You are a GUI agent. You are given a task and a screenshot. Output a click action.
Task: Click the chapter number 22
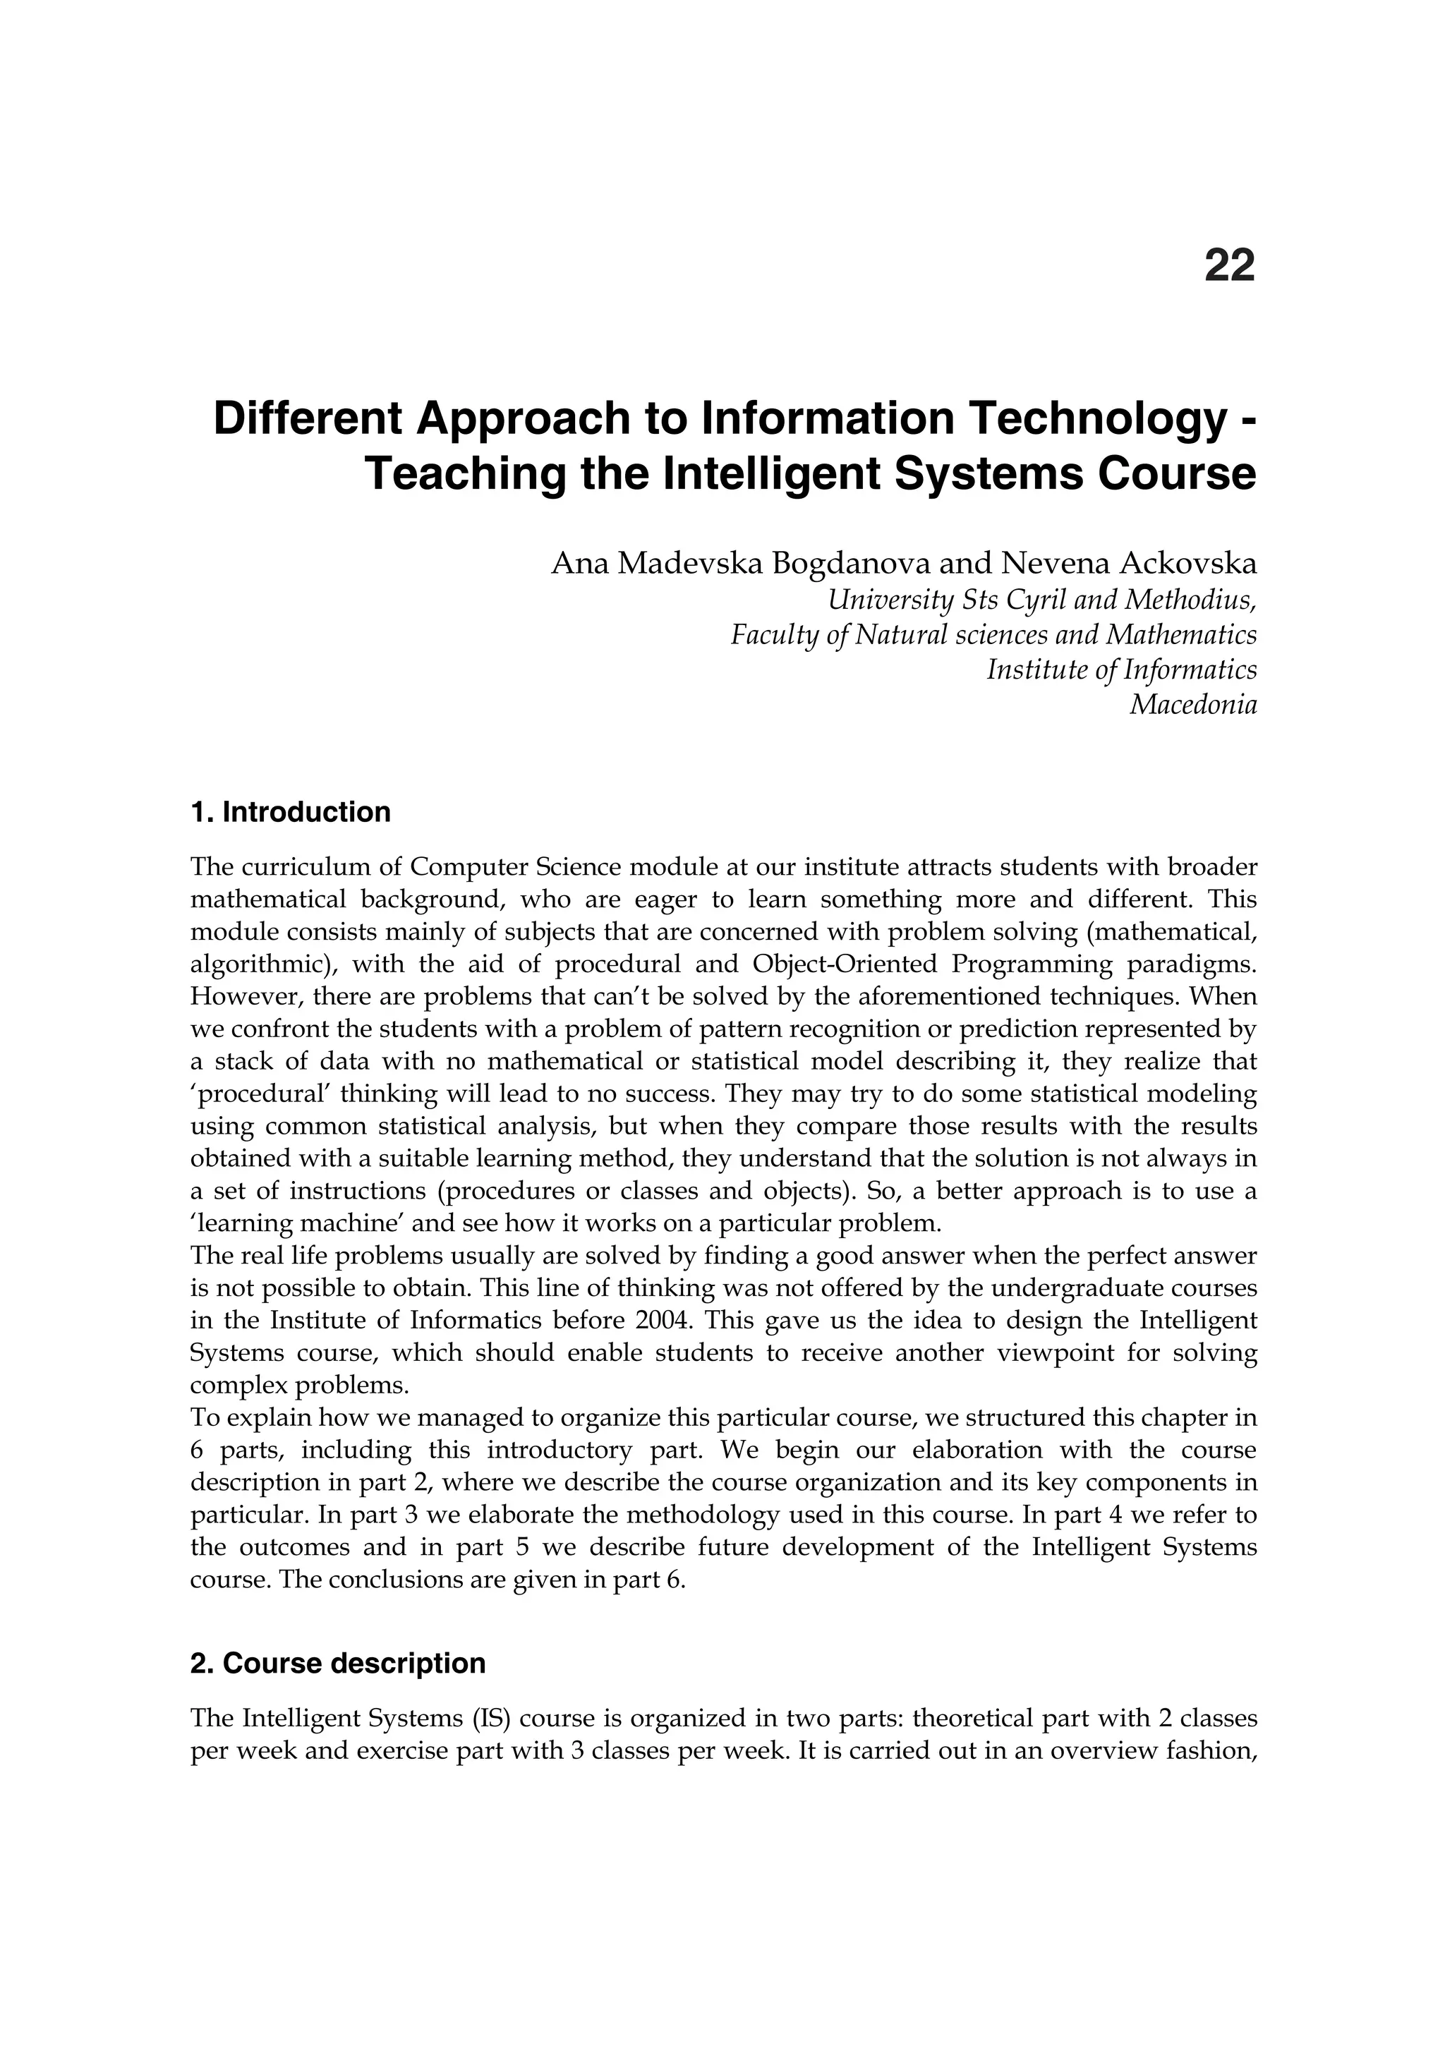point(1230,265)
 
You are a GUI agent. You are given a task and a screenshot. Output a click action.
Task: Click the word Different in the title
point(306,418)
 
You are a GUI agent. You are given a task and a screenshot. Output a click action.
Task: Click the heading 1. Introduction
point(291,813)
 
